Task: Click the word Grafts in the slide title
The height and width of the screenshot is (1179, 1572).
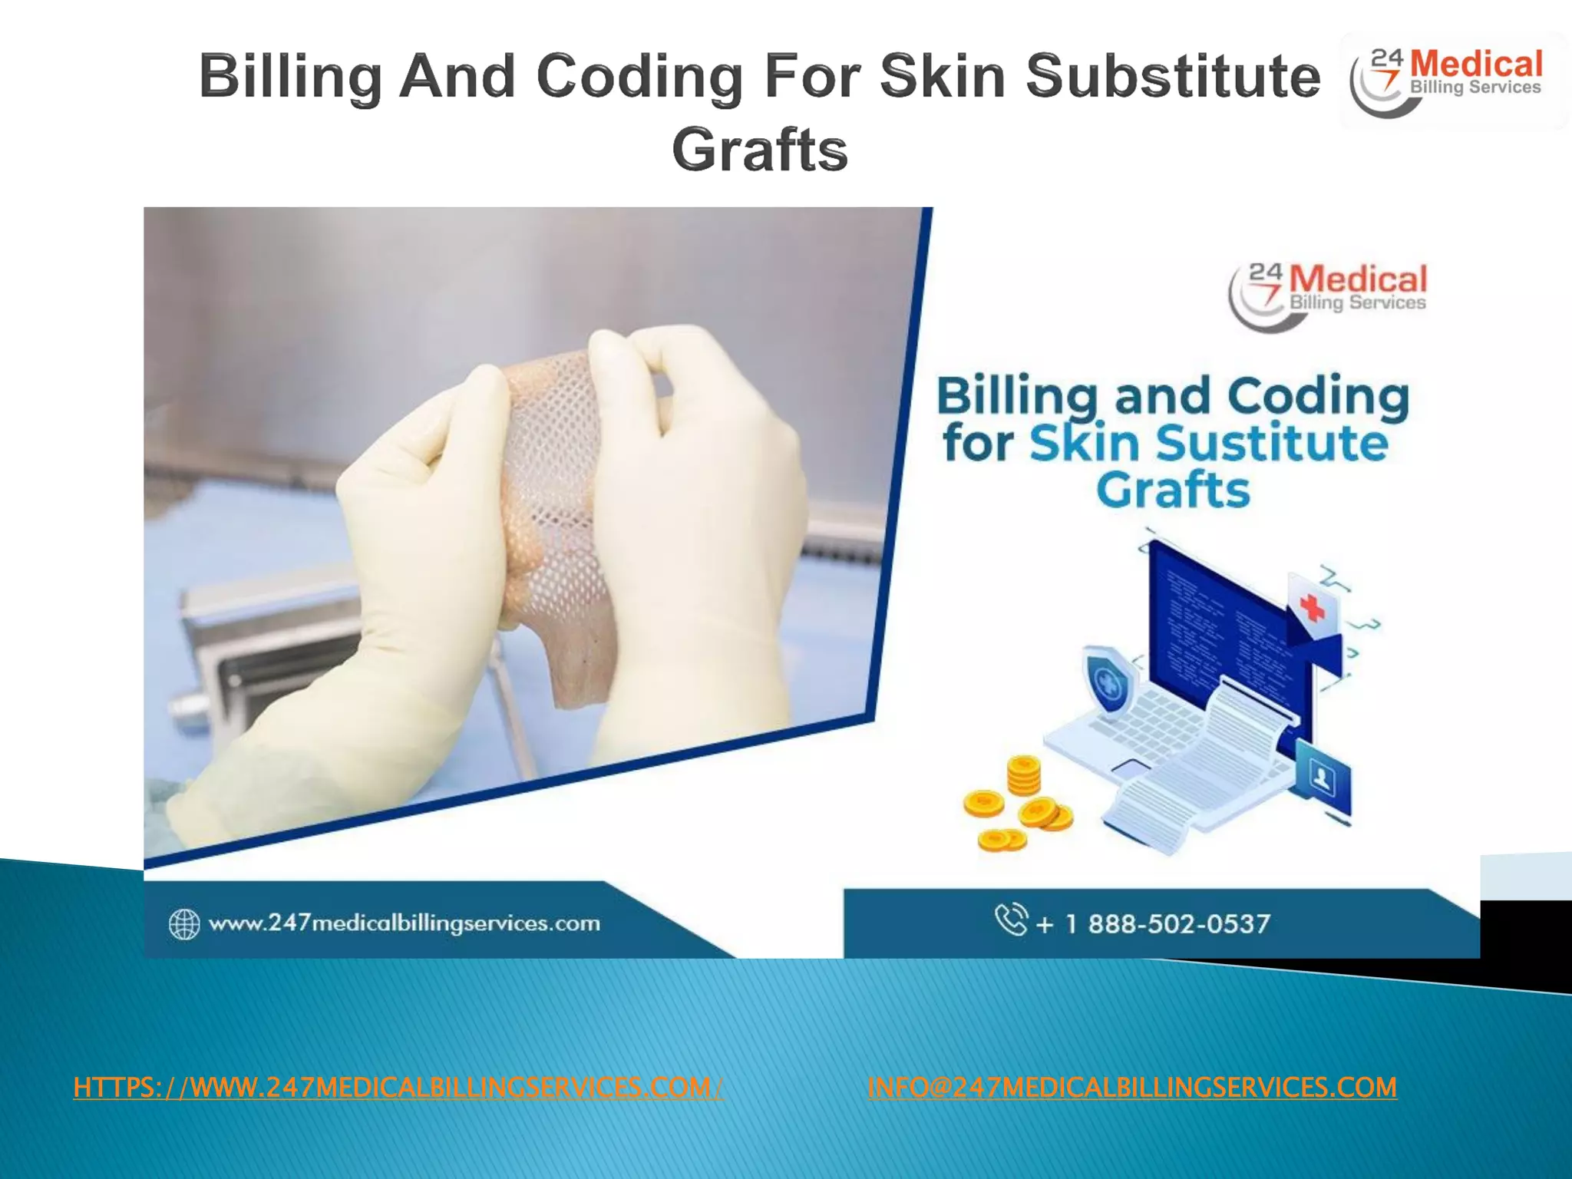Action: pyautogui.click(x=759, y=150)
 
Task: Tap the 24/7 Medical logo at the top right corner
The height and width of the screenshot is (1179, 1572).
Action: pyautogui.click(x=1452, y=81)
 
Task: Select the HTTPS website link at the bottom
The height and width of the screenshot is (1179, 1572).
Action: pyautogui.click(x=398, y=1087)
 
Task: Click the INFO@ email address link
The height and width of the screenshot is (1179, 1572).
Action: pyautogui.click(x=1131, y=1087)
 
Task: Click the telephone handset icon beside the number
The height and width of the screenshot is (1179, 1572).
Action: pyautogui.click(x=1011, y=919)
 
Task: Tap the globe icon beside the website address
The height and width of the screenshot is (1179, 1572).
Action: pyautogui.click(x=184, y=923)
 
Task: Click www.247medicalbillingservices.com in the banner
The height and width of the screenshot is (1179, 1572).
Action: pyautogui.click(x=404, y=923)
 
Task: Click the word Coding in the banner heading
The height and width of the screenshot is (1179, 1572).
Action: pyautogui.click(x=1317, y=397)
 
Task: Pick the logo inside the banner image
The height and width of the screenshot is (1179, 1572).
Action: pyautogui.click(x=1328, y=296)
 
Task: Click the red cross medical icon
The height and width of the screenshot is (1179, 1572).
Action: pyautogui.click(x=1313, y=607)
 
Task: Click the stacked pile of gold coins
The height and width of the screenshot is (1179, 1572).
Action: pyautogui.click(x=1023, y=775)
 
